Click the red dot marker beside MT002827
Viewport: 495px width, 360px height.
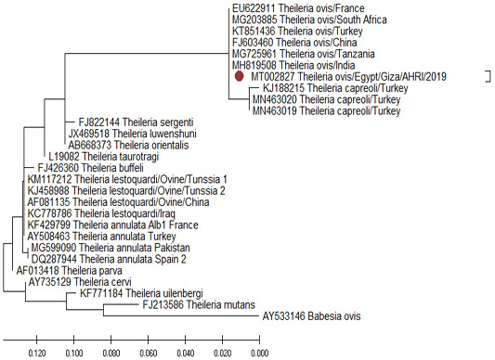coord(240,76)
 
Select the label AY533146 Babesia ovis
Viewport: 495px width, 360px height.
coord(311,316)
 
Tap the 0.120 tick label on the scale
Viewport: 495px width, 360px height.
coord(37,353)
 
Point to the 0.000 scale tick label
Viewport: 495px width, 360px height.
coord(259,353)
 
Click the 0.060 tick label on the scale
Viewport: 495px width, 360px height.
coord(148,353)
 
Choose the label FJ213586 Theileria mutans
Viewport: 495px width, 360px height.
coord(199,304)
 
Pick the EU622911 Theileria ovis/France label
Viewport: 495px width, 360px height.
coord(298,8)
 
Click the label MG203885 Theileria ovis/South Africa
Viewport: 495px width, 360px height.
coord(309,19)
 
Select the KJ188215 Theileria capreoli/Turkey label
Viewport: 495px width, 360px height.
coord(335,88)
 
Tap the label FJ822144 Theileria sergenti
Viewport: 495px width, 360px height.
coord(136,122)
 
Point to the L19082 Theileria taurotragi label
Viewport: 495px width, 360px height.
coord(103,157)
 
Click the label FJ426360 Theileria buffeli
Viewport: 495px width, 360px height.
coord(90,168)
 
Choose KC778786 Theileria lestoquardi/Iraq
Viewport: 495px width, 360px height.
coord(101,213)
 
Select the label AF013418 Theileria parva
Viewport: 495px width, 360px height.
coord(69,271)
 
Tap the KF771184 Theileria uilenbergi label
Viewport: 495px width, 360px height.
coord(141,293)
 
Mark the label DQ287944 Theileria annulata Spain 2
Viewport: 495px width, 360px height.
coord(109,260)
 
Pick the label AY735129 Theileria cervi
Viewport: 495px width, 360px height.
coord(80,282)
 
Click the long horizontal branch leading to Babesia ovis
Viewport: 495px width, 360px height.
coord(181,315)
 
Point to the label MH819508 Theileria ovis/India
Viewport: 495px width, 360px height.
coord(293,65)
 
